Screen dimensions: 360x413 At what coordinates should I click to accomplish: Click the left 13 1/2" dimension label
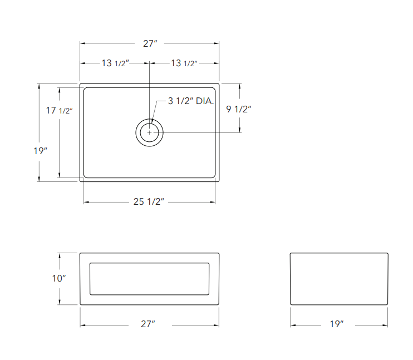coord(115,63)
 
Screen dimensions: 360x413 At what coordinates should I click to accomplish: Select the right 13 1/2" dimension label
coord(184,63)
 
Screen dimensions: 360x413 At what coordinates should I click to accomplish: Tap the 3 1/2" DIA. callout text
coord(191,101)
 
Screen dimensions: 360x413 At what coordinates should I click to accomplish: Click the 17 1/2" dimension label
coord(59,111)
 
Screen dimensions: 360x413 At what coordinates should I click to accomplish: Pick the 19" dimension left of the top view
coord(40,150)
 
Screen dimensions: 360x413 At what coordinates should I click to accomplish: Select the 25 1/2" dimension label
coord(149,202)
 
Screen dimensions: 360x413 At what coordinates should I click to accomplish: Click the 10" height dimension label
coord(58,278)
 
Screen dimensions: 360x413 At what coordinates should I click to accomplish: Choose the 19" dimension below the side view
coord(337,324)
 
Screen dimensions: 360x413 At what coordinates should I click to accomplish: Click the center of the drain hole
coord(149,132)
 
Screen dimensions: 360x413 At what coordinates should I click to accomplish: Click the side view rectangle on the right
coord(338,279)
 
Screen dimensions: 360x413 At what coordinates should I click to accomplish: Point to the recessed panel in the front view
coord(150,279)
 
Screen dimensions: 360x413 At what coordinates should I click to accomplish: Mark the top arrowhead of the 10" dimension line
coord(59,255)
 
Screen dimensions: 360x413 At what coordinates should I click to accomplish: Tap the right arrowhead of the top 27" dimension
coord(217,43)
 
